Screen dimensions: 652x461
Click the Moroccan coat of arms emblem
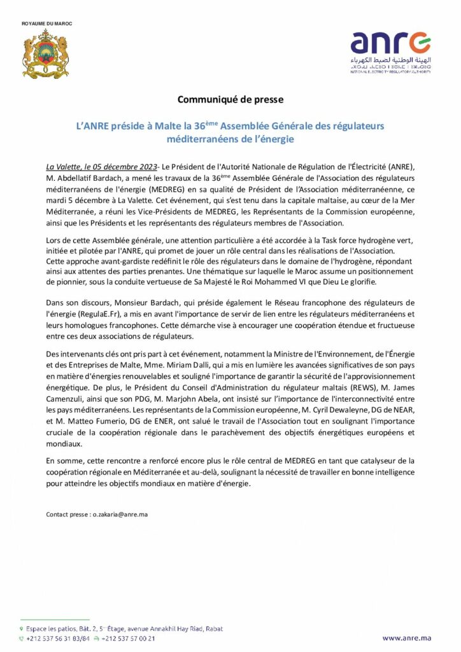(x=45, y=53)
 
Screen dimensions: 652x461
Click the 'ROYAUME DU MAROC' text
(x=47, y=24)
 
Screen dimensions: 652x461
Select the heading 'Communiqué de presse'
(x=230, y=99)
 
